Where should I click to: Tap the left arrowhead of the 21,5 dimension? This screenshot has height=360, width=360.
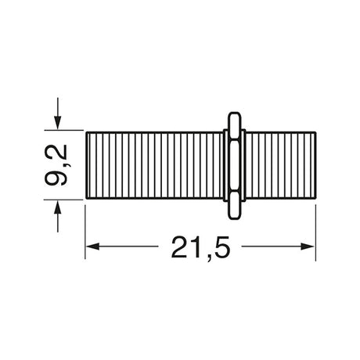click(x=90, y=247)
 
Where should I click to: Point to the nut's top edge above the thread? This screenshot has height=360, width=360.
click(x=232, y=115)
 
